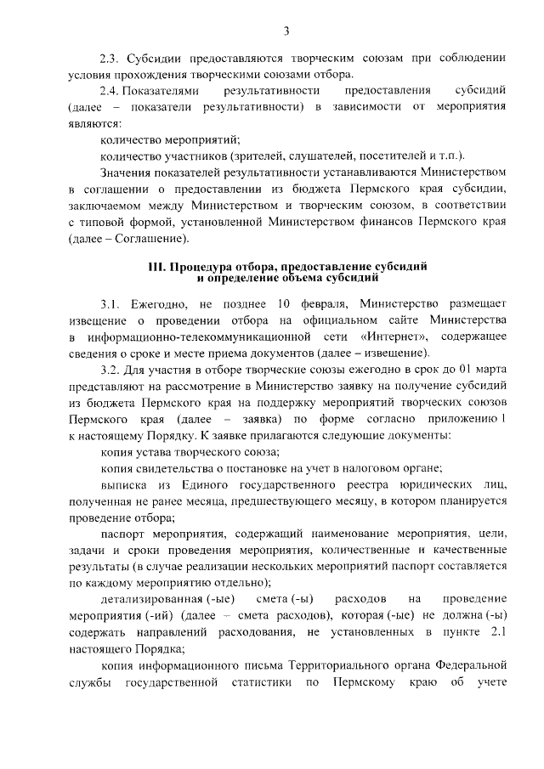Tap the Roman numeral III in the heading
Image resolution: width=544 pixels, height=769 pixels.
coord(157,266)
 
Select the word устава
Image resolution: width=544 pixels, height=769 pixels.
coord(154,452)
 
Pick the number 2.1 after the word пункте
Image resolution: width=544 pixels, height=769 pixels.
coord(498,632)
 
